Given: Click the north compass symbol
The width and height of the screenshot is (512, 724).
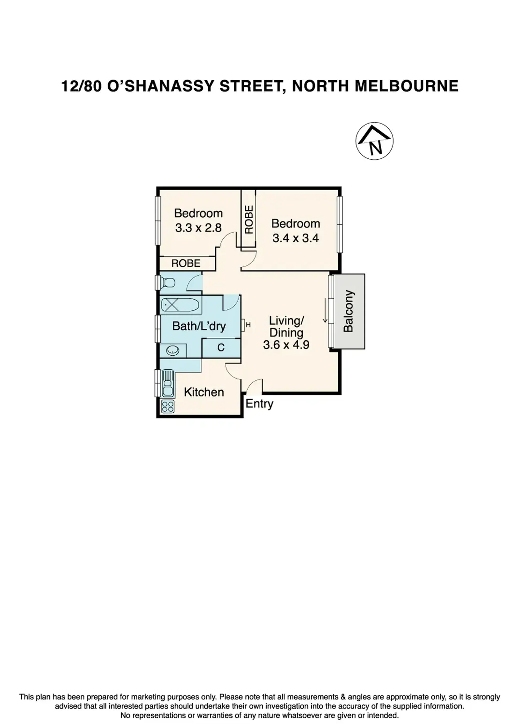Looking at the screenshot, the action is pyautogui.click(x=374, y=141).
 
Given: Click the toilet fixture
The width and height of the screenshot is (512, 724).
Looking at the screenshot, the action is pyautogui.click(x=168, y=282).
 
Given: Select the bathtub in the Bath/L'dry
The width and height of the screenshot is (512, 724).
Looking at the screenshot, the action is pyautogui.click(x=180, y=305).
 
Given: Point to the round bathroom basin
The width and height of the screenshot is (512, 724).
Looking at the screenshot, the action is pyautogui.click(x=173, y=350).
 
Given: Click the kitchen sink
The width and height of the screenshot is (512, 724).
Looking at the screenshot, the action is pyautogui.click(x=168, y=383).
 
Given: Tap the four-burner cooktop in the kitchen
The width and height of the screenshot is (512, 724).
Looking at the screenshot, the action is pyautogui.click(x=168, y=406).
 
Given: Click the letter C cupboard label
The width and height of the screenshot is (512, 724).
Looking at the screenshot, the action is pyautogui.click(x=221, y=348).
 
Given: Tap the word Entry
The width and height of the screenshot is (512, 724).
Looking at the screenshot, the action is pyautogui.click(x=260, y=404).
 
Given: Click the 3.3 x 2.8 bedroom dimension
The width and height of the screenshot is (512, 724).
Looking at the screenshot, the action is pyautogui.click(x=198, y=227).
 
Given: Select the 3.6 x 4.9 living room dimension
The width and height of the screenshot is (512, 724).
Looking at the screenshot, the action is pyautogui.click(x=286, y=345).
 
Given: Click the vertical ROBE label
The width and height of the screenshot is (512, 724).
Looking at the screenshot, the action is pyautogui.click(x=249, y=219).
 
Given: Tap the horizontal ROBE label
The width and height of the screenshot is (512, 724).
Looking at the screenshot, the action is pyautogui.click(x=186, y=263).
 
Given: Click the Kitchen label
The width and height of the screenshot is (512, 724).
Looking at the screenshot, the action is pyautogui.click(x=204, y=392).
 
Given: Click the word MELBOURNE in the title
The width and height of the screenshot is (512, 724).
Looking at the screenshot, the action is pyautogui.click(x=407, y=86).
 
